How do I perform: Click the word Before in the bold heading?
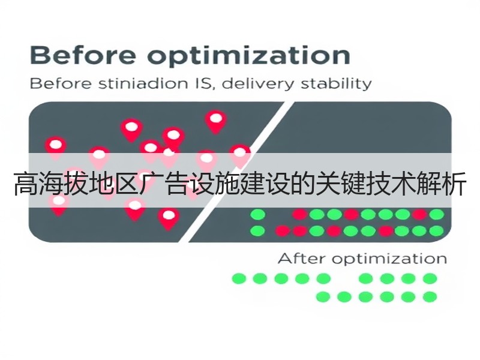pos(83,55)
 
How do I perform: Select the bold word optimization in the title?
pos(249,56)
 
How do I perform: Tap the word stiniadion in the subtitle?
pos(143,83)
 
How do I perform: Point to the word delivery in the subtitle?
pos(257,84)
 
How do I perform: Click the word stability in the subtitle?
pos(336,84)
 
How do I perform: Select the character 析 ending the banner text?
pos(454,184)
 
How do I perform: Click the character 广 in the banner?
pos(152,184)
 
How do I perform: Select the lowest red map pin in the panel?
pos(169,218)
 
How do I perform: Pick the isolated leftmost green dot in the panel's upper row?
pos(258,215)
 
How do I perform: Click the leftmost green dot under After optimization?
pos(239,278)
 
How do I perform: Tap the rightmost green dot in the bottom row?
pos(430,296)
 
